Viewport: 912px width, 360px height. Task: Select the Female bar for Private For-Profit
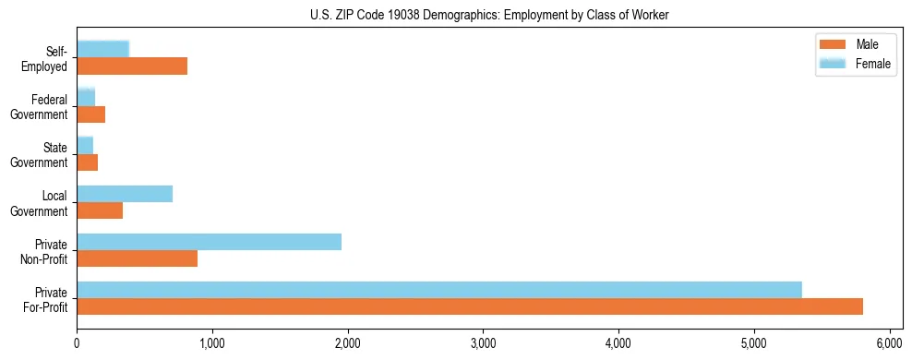coord(439,289)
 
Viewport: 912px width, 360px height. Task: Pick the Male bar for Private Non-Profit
coord(137,258)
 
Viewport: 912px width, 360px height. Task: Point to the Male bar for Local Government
coord(100,210)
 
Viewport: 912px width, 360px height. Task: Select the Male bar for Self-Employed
coord(132,66)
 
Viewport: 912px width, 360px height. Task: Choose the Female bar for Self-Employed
coord(102,49)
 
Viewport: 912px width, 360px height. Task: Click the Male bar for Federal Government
coord(90,114)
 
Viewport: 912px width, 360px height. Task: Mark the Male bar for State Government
coord(87,162)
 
